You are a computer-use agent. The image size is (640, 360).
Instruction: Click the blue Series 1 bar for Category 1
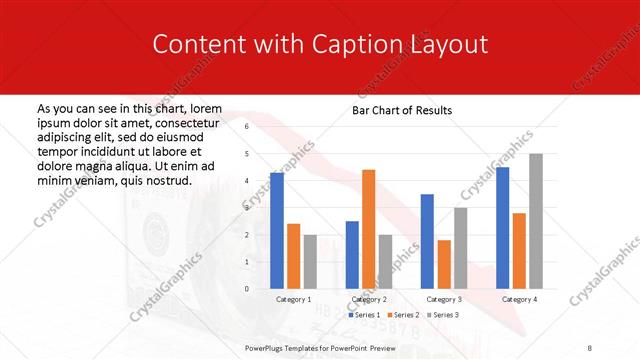277,231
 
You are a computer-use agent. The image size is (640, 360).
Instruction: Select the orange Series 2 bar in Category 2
368,229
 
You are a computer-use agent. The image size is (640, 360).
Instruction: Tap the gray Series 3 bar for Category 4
536,221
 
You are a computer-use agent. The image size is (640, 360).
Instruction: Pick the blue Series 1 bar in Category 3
427,241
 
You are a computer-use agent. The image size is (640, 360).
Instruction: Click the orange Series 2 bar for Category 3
444,264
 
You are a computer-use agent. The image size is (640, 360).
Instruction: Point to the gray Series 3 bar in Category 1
310,262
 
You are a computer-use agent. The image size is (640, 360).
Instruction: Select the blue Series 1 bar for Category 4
502,228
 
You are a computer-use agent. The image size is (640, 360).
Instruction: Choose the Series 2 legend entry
403,315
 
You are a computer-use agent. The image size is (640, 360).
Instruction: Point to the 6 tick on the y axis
247,127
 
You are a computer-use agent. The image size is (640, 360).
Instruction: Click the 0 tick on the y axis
247,289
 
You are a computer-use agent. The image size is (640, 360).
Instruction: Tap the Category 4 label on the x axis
519,299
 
